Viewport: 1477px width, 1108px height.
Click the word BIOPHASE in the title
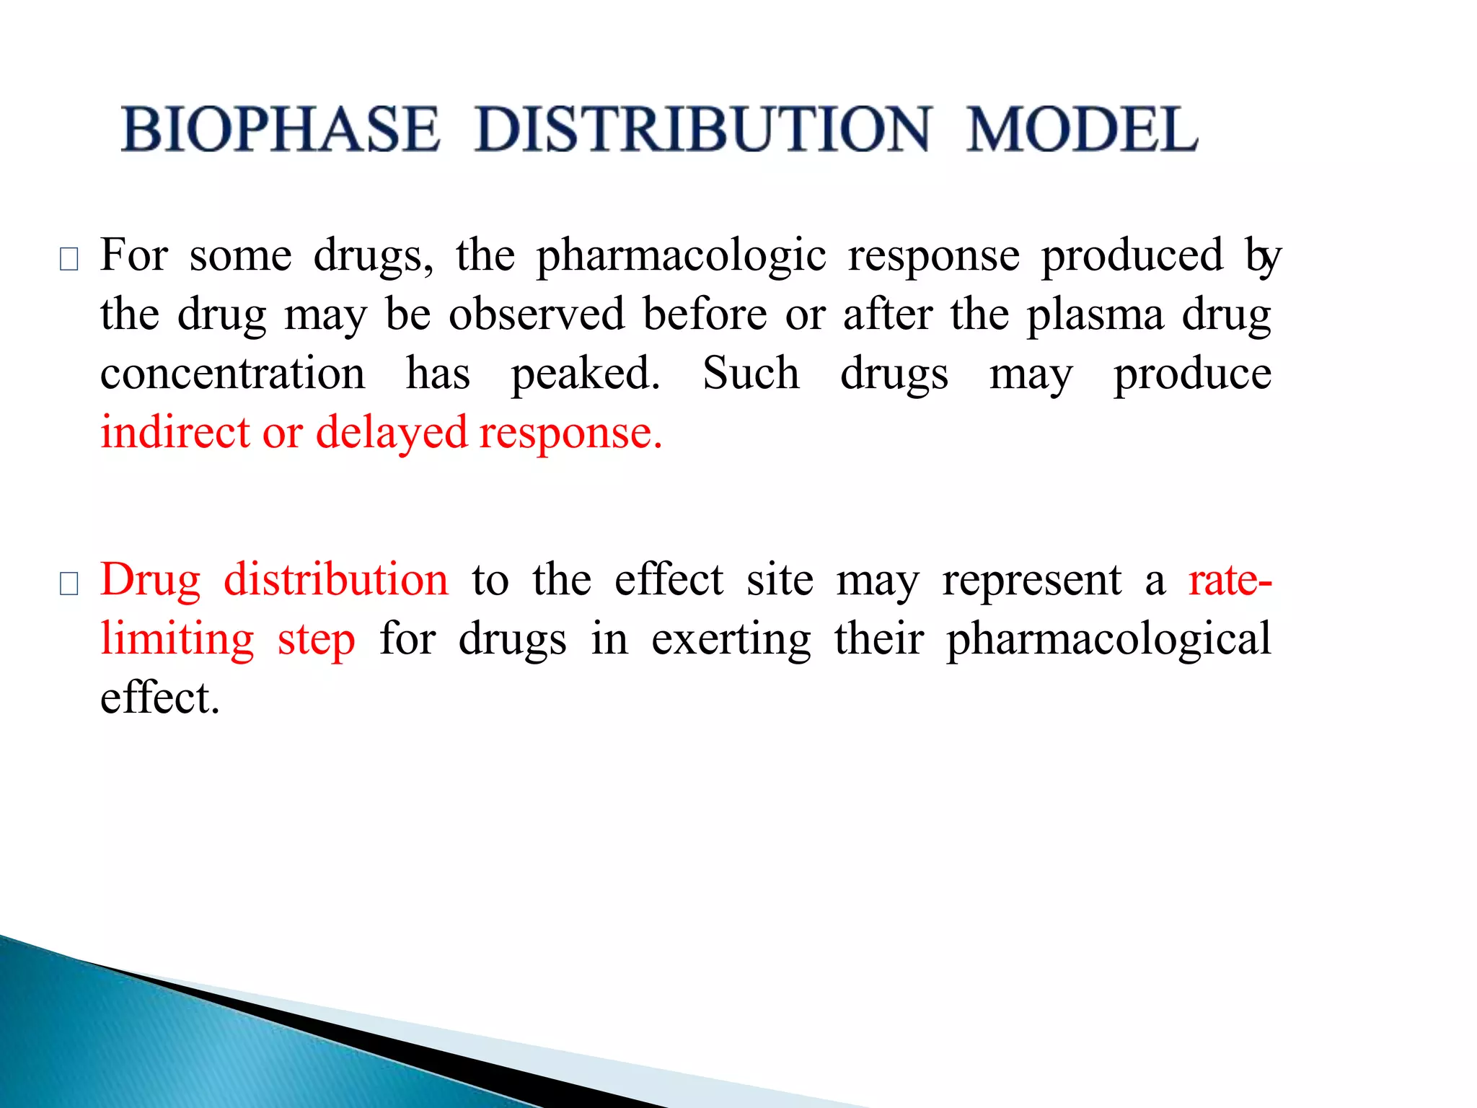pos(281,129)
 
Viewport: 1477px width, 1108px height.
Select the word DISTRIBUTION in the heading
pos(703,129)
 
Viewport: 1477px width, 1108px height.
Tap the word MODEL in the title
pos(1082,129)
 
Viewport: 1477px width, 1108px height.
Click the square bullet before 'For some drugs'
pos(69,259)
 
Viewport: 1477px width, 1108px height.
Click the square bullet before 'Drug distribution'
pos(69,583)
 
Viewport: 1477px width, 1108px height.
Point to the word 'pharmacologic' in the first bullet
pos(682,256)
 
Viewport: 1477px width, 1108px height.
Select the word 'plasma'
pos(1095,316)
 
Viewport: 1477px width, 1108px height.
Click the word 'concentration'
pos(233,374)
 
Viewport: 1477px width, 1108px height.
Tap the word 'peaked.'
pos(586,375)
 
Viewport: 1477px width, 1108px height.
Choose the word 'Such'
pos(751,374)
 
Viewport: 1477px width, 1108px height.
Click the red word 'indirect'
pos(175,433)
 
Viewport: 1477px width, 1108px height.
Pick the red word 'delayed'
pos(392,434)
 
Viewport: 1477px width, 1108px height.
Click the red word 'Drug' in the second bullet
pos(150,581)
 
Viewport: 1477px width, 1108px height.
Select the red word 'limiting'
pos(177,641)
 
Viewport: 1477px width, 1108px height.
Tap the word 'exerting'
pos(731,641)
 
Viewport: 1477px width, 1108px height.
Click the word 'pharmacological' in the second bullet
pos(1108,641)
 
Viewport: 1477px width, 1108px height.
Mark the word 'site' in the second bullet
pos(780,581)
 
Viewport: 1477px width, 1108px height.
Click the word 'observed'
pos(537,315)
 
